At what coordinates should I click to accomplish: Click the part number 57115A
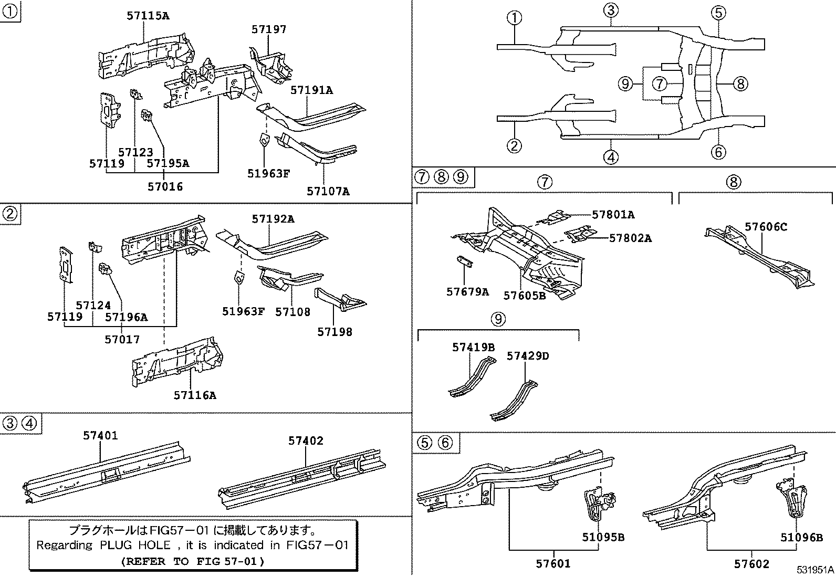point(148,16)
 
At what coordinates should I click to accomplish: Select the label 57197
point(269,29)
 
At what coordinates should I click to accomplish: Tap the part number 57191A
point(311,90)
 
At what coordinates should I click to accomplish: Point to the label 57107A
point(328,191)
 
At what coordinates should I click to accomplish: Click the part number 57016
point(165,186)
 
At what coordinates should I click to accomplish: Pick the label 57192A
point(273,219)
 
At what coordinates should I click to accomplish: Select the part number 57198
point(335,332)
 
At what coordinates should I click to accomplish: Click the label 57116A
point(195,395)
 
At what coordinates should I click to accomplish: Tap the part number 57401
point(100,435)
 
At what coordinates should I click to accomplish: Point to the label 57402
point(306,441)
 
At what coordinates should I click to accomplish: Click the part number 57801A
point(613,214)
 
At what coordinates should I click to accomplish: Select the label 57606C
point(766,227)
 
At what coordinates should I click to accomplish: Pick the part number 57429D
point(528,356)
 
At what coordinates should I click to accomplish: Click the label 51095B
point(603,537)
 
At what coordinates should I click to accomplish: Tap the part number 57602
point(751,564)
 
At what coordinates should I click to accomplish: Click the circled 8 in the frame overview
point(740,83)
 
